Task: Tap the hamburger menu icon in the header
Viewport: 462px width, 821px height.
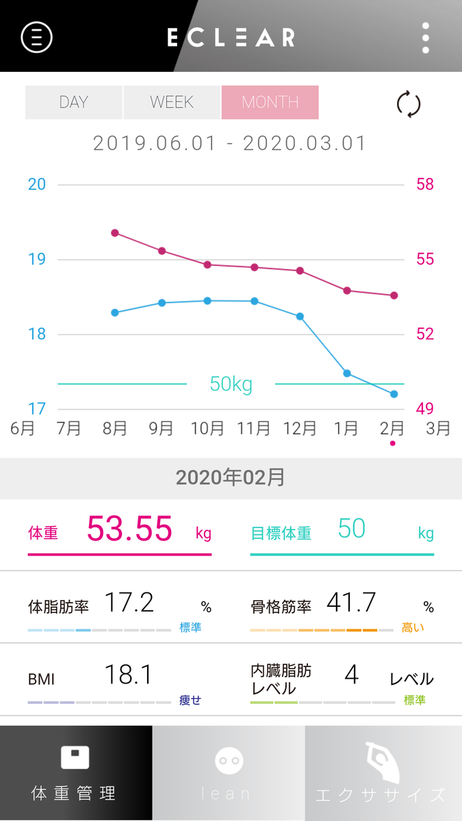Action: click(x=37, y=37)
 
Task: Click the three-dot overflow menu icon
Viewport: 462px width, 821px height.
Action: click(x=426, y=38)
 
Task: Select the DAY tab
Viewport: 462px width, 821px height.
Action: click(x=74, y=103)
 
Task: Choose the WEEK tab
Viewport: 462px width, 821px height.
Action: click(x=172, y=103)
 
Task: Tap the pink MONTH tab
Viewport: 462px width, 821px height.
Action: click(x=270, y=103)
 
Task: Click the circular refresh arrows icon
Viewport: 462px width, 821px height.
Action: click(x=409, y=105)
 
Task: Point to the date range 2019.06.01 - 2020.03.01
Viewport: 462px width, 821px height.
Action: click(x=230, y=144)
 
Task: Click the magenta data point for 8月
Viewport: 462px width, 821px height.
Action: click(x=115, y=233)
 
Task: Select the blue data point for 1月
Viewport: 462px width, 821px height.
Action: click(x=347, y=374)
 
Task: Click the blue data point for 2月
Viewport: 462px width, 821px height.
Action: click(x=394, y=394)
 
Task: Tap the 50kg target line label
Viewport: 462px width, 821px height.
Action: click(x=231, y=385)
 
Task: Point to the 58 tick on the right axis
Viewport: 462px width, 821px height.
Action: click(x=425, y=185)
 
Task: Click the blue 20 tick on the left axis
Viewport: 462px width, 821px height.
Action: click(x=37, y=185)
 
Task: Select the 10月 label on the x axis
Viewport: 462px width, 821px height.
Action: click(x=207, y=428)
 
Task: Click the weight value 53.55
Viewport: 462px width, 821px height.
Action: click(x=129, y=529)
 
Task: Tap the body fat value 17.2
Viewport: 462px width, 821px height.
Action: click(x=129, y=603)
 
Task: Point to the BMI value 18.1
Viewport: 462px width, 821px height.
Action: click(x=128, y=675)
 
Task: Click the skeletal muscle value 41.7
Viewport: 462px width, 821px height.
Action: click(x=351, y=603)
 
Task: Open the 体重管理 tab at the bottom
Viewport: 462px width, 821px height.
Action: click(x=76, y=773)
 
